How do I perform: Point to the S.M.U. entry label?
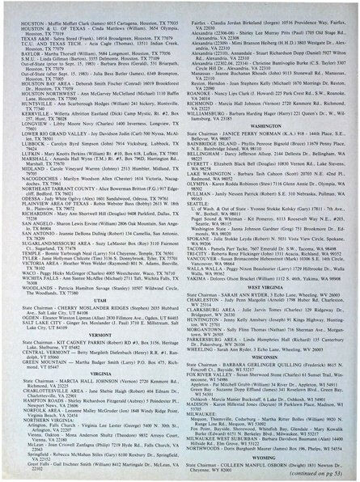pos(23,60)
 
